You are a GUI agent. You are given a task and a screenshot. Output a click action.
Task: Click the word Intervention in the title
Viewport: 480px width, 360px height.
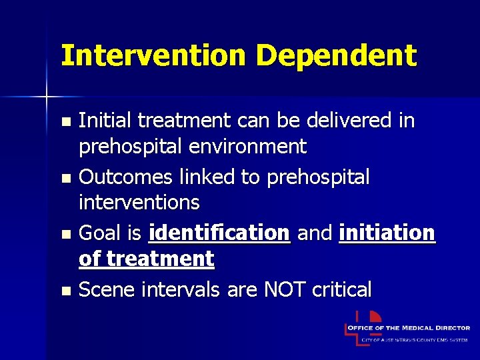153,56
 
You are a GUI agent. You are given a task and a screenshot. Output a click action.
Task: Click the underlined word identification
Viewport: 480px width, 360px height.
219,233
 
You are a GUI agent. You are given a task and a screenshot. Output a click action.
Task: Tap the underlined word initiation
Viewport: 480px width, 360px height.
387,233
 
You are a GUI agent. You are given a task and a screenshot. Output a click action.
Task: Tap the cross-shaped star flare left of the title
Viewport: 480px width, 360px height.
47,97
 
